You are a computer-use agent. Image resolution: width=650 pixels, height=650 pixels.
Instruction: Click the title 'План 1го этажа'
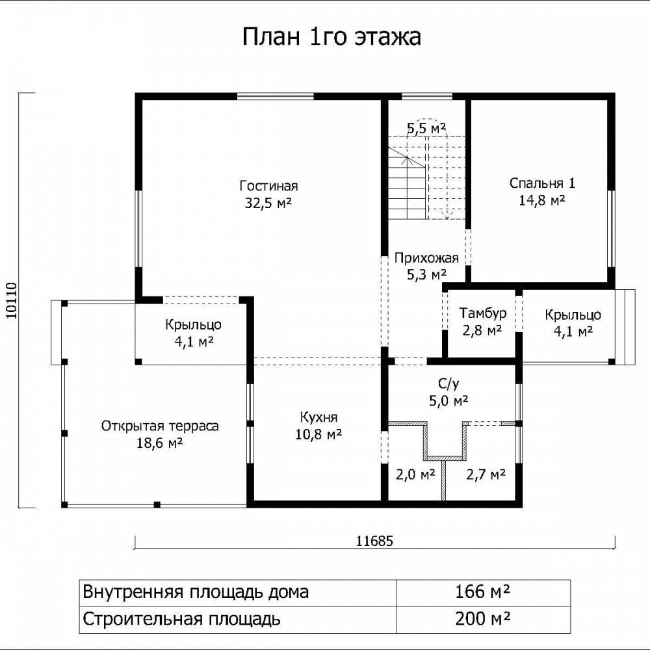coord(331,36)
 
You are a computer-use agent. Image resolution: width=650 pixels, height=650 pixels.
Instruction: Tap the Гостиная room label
coord(268,186)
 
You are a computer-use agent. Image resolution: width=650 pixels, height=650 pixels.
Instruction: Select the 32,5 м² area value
coord(268,203)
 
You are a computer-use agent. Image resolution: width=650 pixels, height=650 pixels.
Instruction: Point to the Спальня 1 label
coord(542,183)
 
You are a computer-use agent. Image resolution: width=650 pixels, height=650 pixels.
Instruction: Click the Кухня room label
coord(318,417)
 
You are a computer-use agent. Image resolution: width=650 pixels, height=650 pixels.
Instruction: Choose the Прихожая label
coord(426,258)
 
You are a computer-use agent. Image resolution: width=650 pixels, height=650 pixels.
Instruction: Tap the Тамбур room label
coord(482,313)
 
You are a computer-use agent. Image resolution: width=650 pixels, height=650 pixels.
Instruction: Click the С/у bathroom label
coord(448,384)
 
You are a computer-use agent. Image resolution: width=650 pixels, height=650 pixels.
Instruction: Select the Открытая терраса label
coord(160,426)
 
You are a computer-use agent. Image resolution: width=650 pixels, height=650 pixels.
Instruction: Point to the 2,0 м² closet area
coord(415,474)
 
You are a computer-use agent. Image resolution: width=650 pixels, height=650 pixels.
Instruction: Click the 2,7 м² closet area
coord(486,474)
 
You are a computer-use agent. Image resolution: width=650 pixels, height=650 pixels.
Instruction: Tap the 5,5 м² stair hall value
coord(426,128)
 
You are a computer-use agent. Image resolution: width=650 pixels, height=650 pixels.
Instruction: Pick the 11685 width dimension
coord(374,541)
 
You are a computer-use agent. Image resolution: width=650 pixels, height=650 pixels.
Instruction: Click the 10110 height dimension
coord(12,300)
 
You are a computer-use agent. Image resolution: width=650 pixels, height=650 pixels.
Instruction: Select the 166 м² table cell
coord(482,591)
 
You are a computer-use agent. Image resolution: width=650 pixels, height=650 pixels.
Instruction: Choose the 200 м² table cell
coord(482,619)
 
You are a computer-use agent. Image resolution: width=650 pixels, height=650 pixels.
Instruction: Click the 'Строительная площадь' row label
coord(181,619)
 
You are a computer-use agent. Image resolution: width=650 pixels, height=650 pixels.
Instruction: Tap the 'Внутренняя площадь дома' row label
coord(196,592)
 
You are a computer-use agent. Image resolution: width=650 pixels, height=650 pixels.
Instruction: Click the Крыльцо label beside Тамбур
coord(573,315)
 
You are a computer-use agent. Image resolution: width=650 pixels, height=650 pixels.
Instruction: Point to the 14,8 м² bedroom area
coord(542,201)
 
